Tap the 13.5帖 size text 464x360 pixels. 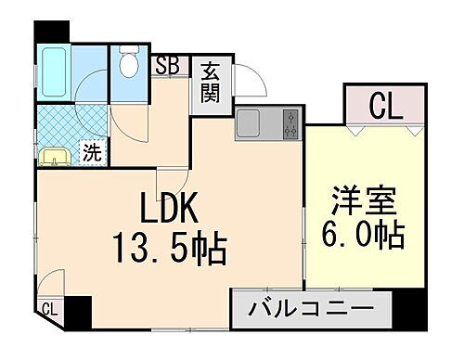point(171,247)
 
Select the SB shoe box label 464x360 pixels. point(168,65)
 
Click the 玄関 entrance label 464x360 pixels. point(211,84)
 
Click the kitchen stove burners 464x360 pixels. point(290,124)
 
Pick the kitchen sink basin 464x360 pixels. point(250,123)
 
